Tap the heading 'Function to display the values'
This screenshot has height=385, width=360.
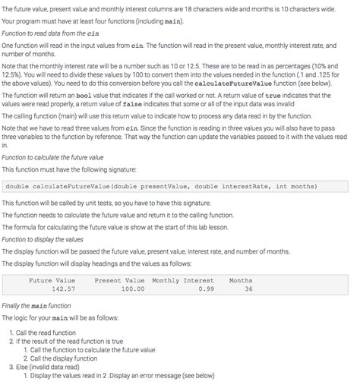pyautogui.click(x=47, y=239)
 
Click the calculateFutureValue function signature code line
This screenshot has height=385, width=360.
pyautogui.click(x=160, y=186)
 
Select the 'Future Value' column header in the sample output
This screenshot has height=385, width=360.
pyautogui.click(x=52, y=280)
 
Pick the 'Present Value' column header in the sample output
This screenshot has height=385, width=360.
pyautogui.click(x=119, y=280)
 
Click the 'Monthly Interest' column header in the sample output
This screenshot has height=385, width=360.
pyautogui.click(x=183, y=280)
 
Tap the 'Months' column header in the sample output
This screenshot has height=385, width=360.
pyautogui.click(x=241, y=280)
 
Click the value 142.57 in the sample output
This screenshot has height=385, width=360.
pyautogui.click(x=63, y=289)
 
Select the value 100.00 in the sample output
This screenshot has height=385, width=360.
pyautogui.click(x=132, y=289)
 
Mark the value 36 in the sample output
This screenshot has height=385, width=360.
pyautogui.click(x=248, y=289)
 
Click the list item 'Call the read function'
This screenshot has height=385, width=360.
pyautogui.click(x=46, y=333)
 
